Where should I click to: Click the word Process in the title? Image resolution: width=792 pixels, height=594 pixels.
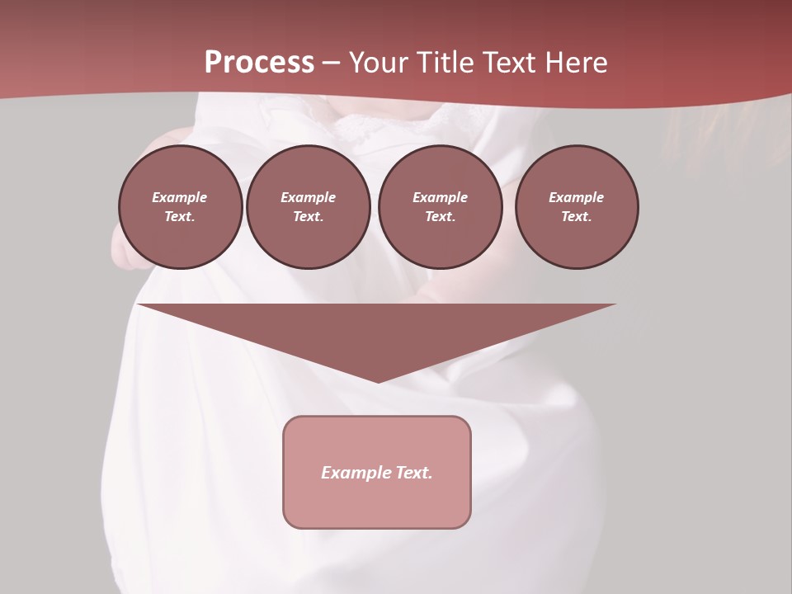tap(259, 63)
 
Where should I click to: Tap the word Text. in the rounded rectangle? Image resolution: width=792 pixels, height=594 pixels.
tap(413, 473)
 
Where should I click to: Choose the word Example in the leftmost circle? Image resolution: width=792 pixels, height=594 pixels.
tap(180, 197)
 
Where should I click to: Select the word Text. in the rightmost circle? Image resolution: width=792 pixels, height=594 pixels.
tap(577, 216)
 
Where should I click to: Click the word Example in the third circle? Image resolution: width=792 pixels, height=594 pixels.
tap(440, 197)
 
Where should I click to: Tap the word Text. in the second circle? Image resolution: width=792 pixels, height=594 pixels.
tap(308, 216)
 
